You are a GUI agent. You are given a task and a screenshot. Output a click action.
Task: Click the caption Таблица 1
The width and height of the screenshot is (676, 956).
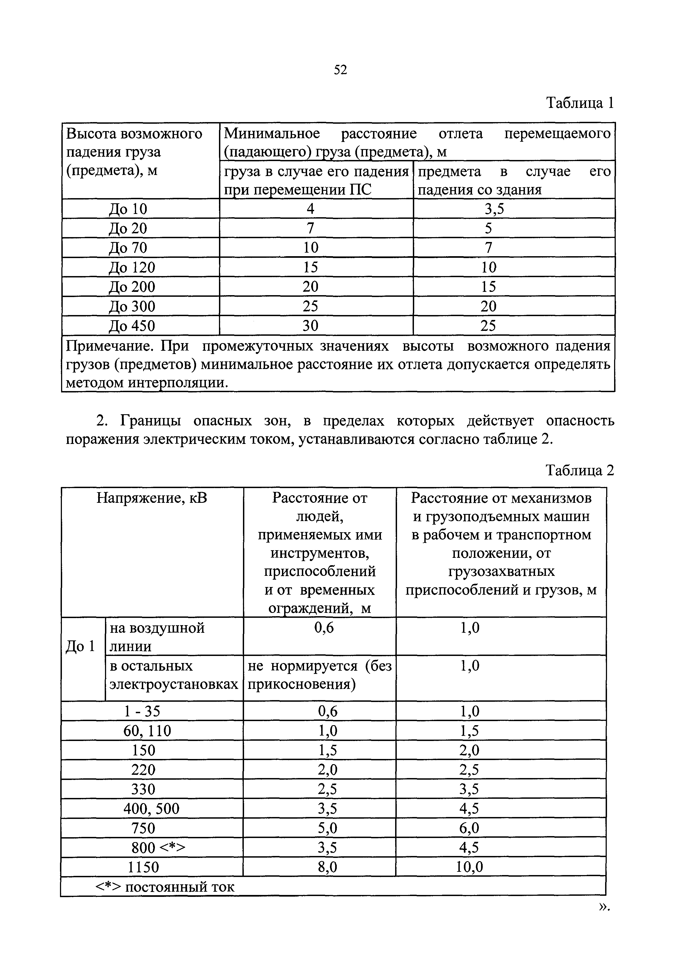coord(580,103)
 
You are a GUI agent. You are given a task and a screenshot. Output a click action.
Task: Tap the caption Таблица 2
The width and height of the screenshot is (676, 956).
coord(580,470)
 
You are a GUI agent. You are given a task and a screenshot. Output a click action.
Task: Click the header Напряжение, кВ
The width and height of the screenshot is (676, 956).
coord(152,498)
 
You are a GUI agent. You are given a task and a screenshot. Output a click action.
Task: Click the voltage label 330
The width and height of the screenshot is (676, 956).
coord(143,789)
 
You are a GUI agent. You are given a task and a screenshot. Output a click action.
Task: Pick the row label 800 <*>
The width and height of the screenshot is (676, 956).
coord(158,848)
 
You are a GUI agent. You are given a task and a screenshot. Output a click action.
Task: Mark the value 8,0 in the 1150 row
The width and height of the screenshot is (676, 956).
coord(328,867)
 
